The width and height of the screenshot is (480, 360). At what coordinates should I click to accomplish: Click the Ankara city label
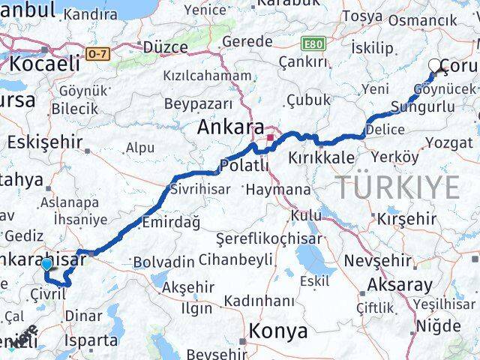click(x=230, y=128)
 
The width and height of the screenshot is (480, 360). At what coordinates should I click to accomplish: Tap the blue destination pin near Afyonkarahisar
click(x=47, y=264)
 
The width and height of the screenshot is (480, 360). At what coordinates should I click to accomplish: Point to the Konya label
click(x=278, y=331)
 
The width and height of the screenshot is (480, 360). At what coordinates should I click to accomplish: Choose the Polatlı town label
click(x=244, y=165)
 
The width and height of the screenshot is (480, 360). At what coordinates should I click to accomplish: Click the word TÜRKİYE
click(x=397, y=187)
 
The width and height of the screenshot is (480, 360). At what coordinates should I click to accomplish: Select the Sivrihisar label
click(x=200, y=189)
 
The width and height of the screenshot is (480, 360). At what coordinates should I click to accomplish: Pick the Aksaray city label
click(x=400, y=286)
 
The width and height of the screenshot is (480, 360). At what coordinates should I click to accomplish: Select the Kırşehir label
click(x=406, y=219)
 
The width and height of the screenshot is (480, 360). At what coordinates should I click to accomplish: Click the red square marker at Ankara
click(x=269, y=138)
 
